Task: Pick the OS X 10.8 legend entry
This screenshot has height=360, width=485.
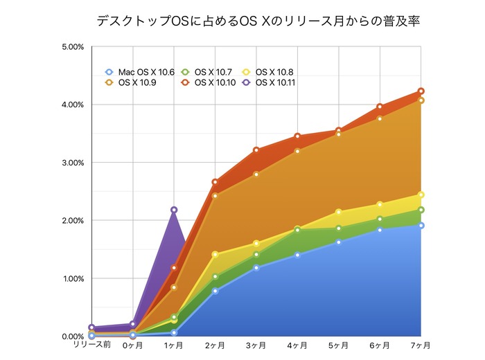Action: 269,71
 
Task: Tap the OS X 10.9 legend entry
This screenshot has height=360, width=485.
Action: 132,82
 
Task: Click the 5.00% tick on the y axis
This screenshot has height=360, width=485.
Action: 73,47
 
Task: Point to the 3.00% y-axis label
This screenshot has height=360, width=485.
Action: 73,163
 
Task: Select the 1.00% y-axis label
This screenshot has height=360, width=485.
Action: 73,278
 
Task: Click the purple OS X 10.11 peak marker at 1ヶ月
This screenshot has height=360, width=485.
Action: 174,210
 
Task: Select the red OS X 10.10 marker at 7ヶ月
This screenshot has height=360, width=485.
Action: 421,91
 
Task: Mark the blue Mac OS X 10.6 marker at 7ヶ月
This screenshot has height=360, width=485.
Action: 421,226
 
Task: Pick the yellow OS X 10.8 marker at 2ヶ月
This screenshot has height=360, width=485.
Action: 215,255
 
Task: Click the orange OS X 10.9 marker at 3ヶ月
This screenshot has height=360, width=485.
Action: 256,174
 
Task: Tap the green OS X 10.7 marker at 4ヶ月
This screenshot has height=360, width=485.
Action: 297,230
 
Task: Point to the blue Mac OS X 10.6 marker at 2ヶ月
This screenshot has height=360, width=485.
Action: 215,291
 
